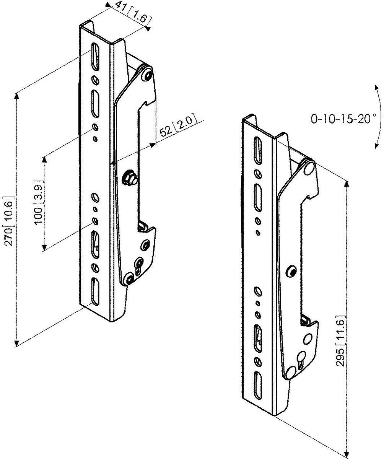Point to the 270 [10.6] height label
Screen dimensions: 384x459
pyautogui.click(x=10, y=221)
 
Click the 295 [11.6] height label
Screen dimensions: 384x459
pyautogui.click(x=340, y=341)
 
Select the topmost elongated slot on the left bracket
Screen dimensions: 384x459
pyautogui.click(x=95, y=57)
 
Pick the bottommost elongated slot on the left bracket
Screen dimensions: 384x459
pyautogui.click(x=95, y=291)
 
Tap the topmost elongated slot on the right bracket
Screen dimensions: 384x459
pyautogui.click(x=258, y=151)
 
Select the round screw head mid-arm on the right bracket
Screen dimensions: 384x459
pyautogui.click(x=292, y=272)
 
